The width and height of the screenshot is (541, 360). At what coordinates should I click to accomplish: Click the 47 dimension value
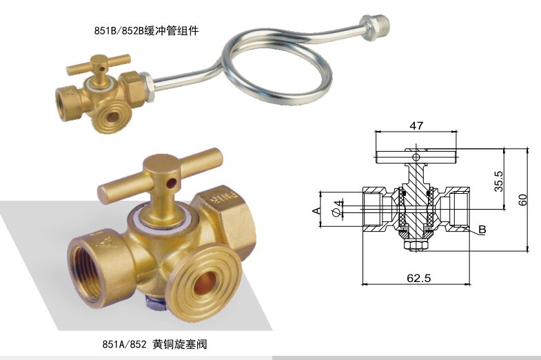pos(416,126)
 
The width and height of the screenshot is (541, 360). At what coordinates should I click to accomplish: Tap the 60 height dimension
pos(523,200)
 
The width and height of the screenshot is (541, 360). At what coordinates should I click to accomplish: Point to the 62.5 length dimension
pos(419,279)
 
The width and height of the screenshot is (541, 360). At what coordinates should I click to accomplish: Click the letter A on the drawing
pos(316,210)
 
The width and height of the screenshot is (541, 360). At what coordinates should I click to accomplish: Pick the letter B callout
pos(482,230)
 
